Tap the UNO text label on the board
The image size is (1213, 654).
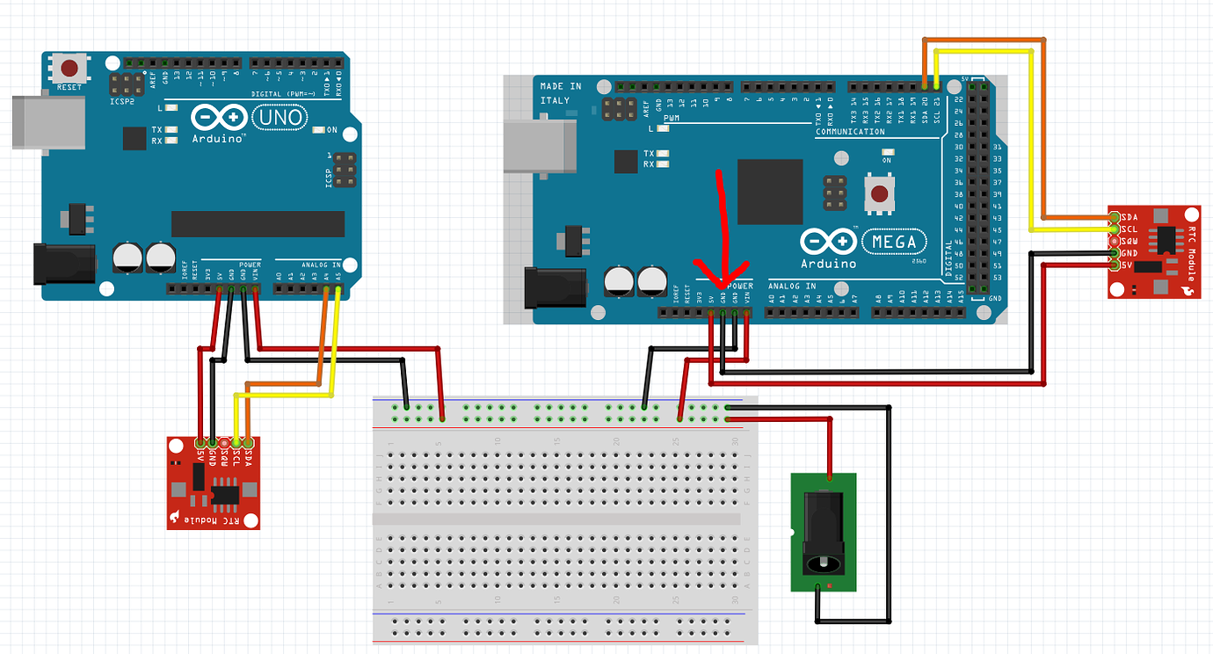279,117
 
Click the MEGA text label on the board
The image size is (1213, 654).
893,241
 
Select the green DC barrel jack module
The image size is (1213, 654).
824,533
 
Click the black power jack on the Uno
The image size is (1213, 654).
63,264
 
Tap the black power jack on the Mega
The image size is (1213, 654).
554,288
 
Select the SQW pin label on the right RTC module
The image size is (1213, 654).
1129,241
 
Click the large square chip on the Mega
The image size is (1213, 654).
770,192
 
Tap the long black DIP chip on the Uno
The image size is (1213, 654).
258,223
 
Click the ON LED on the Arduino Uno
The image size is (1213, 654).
330,130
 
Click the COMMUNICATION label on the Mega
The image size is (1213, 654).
851,132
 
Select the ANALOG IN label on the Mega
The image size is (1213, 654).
792,286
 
